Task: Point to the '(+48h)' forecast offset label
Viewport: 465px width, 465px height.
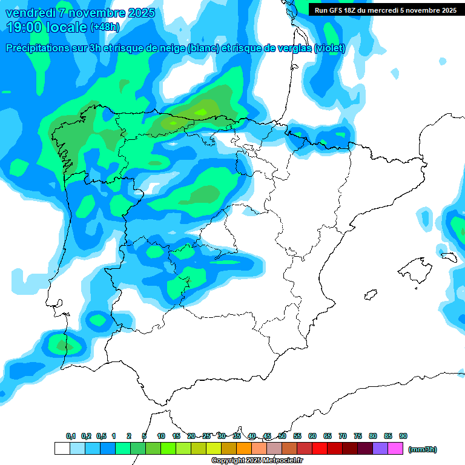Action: click(105, 27)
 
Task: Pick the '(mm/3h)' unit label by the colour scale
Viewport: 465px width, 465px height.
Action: click(422, 449)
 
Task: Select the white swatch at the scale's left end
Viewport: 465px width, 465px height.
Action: click(62, 449)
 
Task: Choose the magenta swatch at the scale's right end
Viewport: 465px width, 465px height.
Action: click(395, 449)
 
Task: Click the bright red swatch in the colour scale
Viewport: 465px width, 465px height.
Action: click(320, 449)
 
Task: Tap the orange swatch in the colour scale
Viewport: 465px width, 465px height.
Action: click(244, 449)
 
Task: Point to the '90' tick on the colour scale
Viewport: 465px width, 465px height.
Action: click(403, 436)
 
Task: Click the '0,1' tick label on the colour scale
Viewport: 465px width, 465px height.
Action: click(71, 436)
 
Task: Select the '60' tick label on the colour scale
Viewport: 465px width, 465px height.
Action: click(312, 436)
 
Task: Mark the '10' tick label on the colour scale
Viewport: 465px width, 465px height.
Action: click(161, 436)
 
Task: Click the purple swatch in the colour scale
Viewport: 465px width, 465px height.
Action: click(380, 449)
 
